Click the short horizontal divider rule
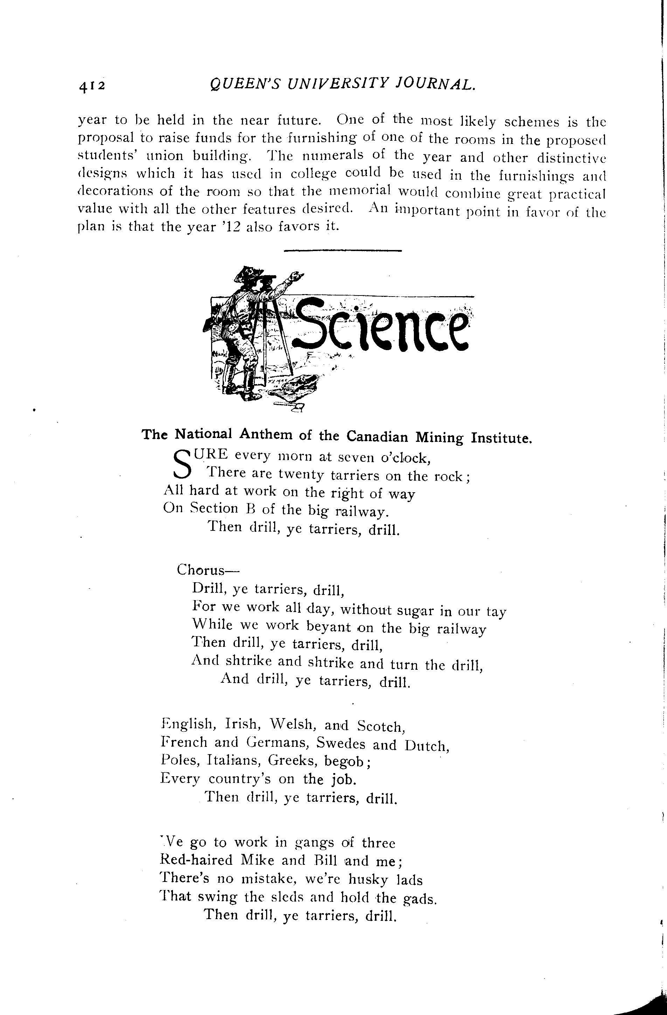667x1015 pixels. coord(343,251)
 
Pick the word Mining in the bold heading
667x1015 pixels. coord(440,437)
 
